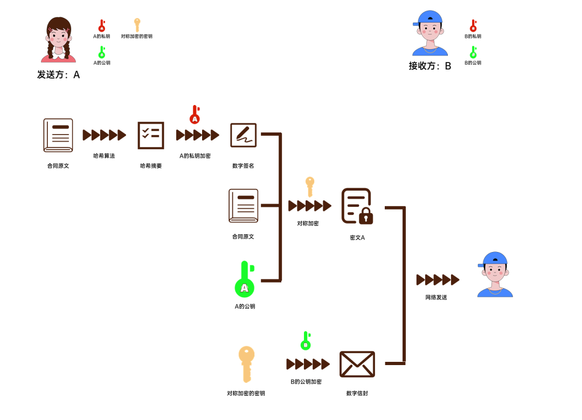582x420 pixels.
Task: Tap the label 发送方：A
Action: pyautogui.click(x=58, y=75)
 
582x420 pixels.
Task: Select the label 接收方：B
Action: pyautogui.click(x=429, y=66)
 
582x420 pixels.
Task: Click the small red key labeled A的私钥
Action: pyautogui.click(x=101, y=26)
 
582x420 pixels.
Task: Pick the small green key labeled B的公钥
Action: pyautogui.click(x=473, y=52)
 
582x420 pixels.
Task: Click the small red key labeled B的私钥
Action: pyautogui.click(x=473, y=26)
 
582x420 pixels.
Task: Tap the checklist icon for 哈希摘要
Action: pyautogui.click(x=151, y=135)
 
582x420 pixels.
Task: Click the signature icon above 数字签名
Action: pyautogui.click(x=244, y=135)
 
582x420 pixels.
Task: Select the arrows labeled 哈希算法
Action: pyautogui.click(x=104, y=135)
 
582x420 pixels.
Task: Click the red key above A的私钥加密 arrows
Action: pyautogui.click(x=195, y=114)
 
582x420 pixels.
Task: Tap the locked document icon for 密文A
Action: pyautogui.click(x=357, y=206)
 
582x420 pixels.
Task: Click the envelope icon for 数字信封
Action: pyautogui.click(x=357, y=364)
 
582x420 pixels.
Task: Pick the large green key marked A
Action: pyautogui.click(x=244, y=279)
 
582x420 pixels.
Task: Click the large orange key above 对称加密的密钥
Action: pyautogui.click(x=246, y=364)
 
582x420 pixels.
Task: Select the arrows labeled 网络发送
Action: pyautogui.click(x=438, y=280)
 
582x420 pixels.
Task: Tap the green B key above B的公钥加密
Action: pyautogui.click(x=306, y=341)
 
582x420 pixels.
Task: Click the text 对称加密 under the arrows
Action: pyautogui.click(x=308, y=223)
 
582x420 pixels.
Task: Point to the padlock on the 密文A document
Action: pyautogui.click(x=366, y=216)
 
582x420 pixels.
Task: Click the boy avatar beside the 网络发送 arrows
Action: pyautogui.click(x=495, y=275)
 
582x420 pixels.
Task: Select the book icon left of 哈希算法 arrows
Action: pyautogui.click(x=58, y=135)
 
